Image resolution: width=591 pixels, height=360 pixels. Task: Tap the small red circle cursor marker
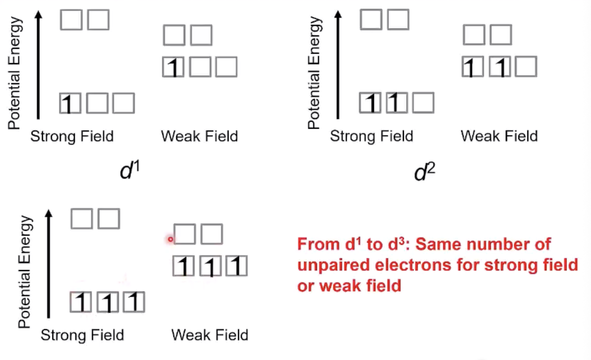pos(170,239)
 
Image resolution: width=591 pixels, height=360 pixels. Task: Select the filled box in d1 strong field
pos(70,103)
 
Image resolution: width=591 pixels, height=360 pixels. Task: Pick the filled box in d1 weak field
pos(173,67)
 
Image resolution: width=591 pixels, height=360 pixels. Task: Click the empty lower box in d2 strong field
pos(423,103)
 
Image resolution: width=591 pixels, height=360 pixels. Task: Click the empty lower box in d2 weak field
pos(526,67)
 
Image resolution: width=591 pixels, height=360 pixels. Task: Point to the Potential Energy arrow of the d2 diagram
pos(338,67)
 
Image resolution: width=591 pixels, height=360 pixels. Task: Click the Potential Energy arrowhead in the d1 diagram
pos(39,15)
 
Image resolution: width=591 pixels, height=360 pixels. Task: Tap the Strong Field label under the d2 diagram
pos(371,136)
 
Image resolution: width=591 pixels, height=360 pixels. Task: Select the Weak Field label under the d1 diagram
pos(199,136)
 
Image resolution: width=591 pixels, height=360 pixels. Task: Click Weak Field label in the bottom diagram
pos(210,335)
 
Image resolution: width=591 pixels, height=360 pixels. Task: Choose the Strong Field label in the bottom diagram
pos(82,335)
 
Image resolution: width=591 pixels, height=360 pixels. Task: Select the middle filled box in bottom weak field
pos(210,266)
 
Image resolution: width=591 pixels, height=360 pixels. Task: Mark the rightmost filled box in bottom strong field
pos(134,302)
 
